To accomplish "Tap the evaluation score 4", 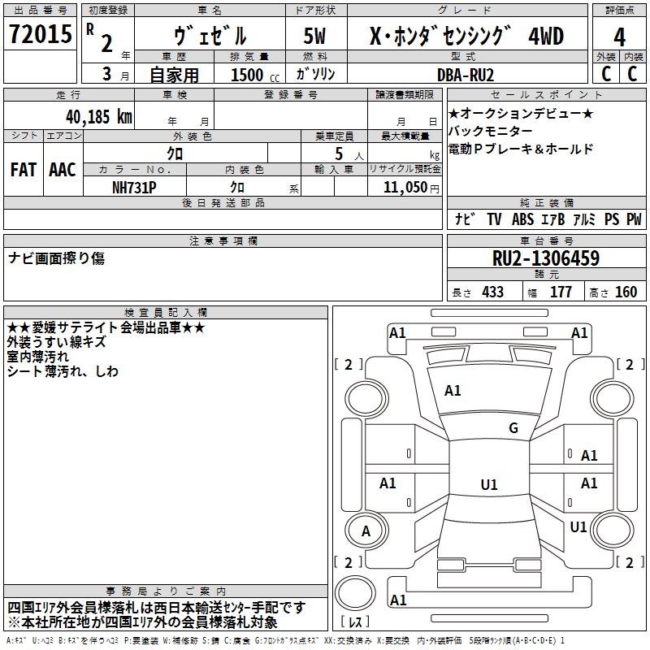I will point(619,37).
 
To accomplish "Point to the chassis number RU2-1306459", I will point(546,258).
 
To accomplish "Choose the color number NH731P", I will point(135,187).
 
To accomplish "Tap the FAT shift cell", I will point(23,170).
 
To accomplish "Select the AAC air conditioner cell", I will point(62,170).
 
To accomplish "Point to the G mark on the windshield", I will point(513,428).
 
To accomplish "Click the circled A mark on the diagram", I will point(366,532).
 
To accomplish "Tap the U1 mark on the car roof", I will point(489,485).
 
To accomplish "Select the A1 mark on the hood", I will point(453,391).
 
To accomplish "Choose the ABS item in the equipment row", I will point(522,219).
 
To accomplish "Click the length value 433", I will point(492,292).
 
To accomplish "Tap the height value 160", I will point(626,292).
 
